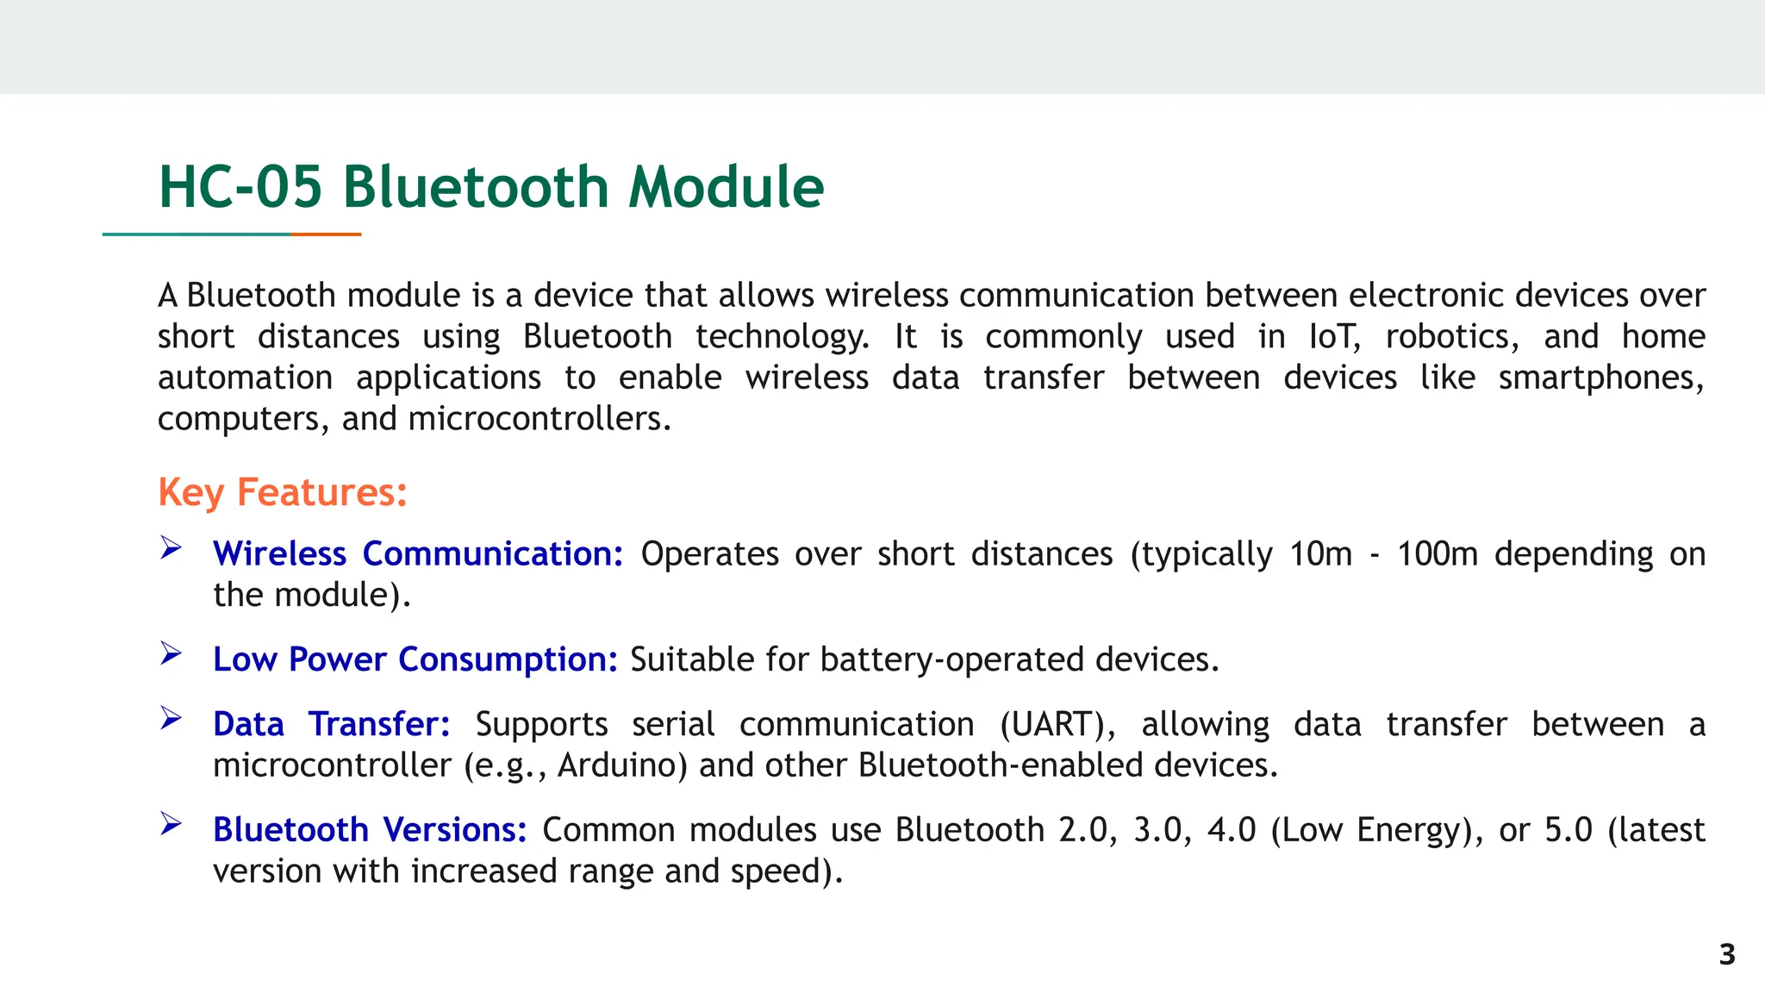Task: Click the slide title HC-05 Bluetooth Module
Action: click(491, 187)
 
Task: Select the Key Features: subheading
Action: click(283, 493)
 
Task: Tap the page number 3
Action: click(1727, 954)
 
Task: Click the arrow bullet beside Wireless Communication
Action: click(171, 548)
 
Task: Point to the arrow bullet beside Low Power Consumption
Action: click(171, 654)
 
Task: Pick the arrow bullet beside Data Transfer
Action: click(171, 719)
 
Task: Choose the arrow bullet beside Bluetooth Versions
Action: click(171, 825)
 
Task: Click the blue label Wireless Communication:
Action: click(418, 553)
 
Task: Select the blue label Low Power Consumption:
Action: click(415, 659)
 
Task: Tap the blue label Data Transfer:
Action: click(332, 724)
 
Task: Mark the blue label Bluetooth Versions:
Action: click(370, 830)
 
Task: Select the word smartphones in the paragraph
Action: click(1601, 378)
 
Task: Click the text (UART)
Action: click(1057, 724)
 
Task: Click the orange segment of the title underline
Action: click(326, 234)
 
